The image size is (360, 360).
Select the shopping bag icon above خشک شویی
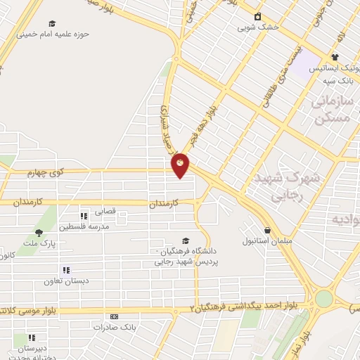click(x=257, y=16)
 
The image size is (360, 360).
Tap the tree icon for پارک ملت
click(x=39, y=232)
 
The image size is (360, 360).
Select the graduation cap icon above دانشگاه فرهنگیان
click(x=185, y=240)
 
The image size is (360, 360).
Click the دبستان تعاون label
click(x=66, y=281)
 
